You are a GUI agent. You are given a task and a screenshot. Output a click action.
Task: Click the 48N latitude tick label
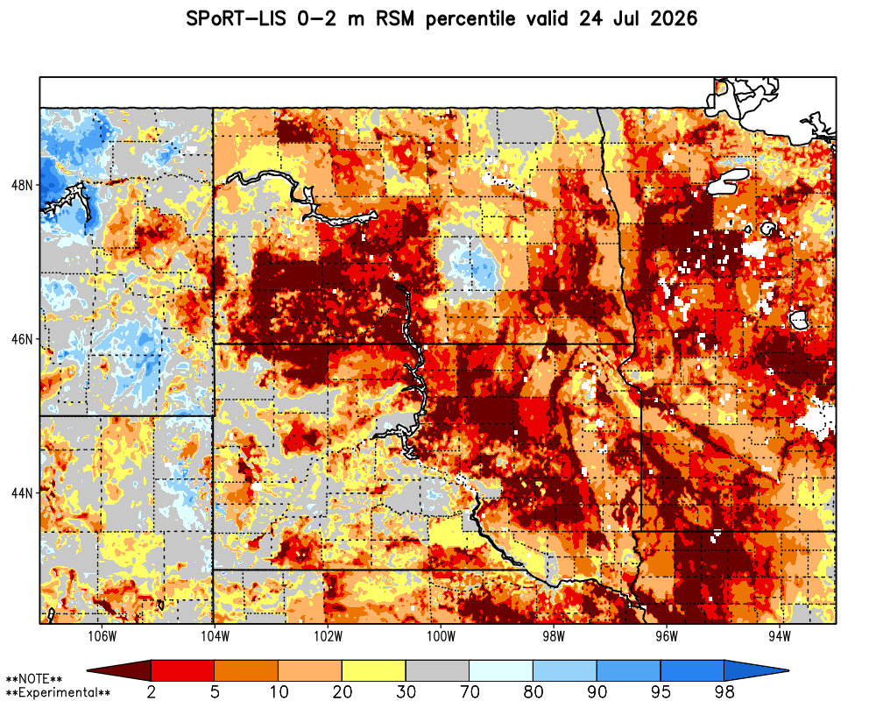click(23, 185)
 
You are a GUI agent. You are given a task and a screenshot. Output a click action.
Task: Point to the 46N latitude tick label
click(23, 339)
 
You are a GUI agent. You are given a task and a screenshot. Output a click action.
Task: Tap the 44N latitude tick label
click(23, 493)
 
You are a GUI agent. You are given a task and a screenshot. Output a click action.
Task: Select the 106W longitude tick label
click(102, 637)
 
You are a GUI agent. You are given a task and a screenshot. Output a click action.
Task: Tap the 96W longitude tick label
click(667, 637)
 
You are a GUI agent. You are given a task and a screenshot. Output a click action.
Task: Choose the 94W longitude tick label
click(780, 637)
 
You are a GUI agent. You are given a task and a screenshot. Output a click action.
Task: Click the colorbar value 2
click(151, 692)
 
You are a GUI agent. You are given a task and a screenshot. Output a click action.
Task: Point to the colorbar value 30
click(406, 692)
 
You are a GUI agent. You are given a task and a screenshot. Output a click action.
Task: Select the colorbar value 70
click(470, 692)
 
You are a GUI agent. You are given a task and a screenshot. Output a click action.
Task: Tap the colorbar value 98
click(724, 692)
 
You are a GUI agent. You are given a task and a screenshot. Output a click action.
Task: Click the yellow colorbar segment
click(374, 670)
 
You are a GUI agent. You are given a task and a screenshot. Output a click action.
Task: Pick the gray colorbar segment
click(437, 670)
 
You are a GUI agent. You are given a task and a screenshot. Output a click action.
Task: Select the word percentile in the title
click(470, 19)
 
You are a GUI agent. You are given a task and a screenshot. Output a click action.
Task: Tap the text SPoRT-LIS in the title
click(236, 19)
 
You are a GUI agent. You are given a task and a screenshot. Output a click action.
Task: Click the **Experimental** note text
click(58, 693)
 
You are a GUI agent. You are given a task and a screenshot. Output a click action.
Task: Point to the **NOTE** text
click(34, 680)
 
